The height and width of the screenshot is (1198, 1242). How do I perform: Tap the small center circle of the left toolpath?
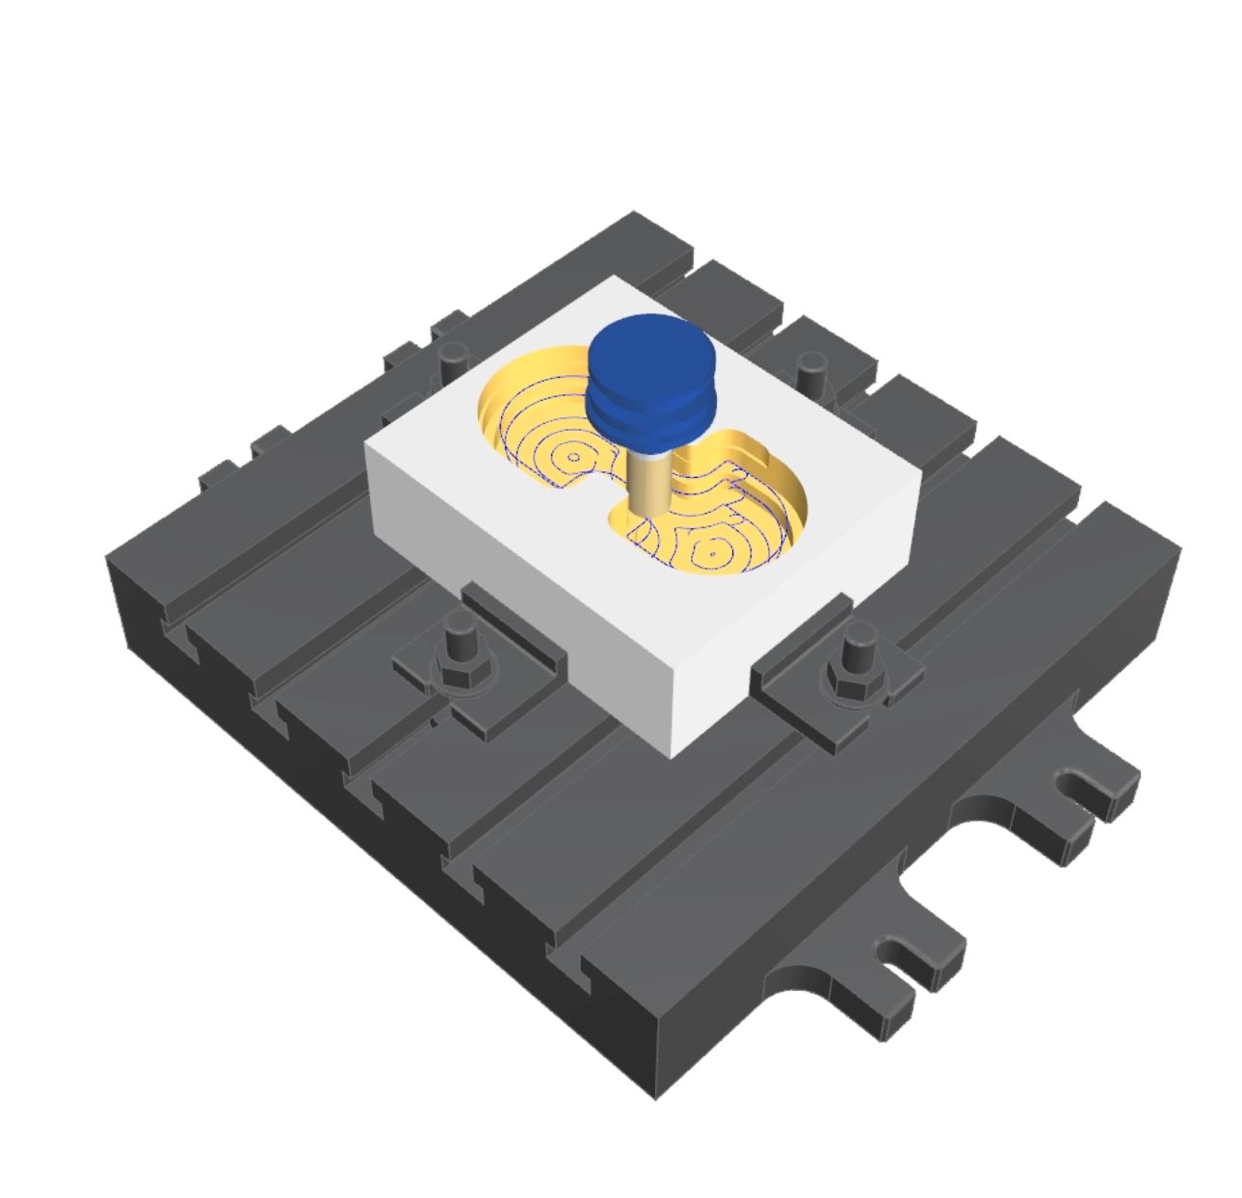coord(574,457)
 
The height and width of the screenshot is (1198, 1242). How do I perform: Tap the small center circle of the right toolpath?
coord(711,553)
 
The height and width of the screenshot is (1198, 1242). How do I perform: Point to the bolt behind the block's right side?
coord(810,370)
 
